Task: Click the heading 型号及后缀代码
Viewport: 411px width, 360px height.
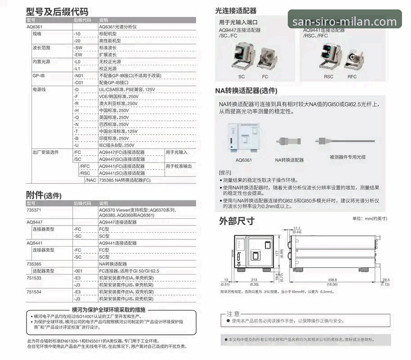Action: click(x=57, y=12)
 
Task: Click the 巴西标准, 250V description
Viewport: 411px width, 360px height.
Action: click(x=114, y=124)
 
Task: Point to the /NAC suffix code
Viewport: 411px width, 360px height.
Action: click(x=91, y=180)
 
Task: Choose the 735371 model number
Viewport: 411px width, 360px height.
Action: click(x=34, y=210)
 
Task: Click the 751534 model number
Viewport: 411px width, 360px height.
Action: click(x=34, y=292)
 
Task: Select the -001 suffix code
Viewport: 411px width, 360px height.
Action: click(x=79, y=271)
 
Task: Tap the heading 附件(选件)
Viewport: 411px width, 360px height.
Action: click(x=44, y=195)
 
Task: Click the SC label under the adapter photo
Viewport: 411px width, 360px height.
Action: click(x=241, y=76)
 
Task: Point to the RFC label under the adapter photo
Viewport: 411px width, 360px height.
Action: click(x=352, y=76)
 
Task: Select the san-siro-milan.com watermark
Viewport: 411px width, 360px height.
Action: click(x=344, y=21)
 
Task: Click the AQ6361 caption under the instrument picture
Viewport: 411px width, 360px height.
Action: click(x=244, y=160)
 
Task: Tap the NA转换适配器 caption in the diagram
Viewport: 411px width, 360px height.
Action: click(x=289, y=160)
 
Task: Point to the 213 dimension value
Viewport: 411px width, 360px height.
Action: click(x=255, y=279)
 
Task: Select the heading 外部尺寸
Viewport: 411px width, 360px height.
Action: click(x=237, y=221)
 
